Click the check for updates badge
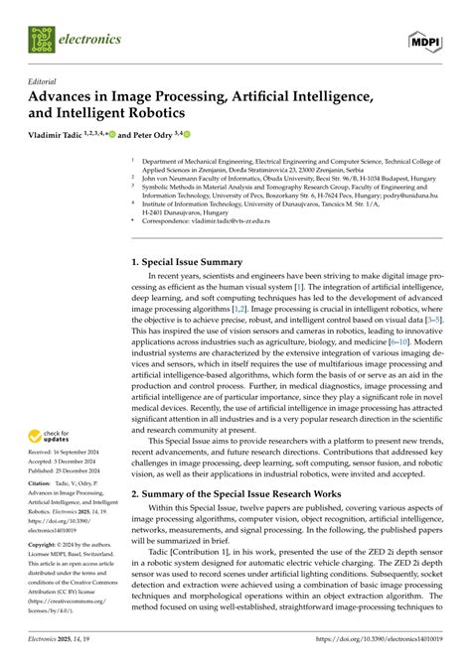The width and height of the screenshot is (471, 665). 49,436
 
